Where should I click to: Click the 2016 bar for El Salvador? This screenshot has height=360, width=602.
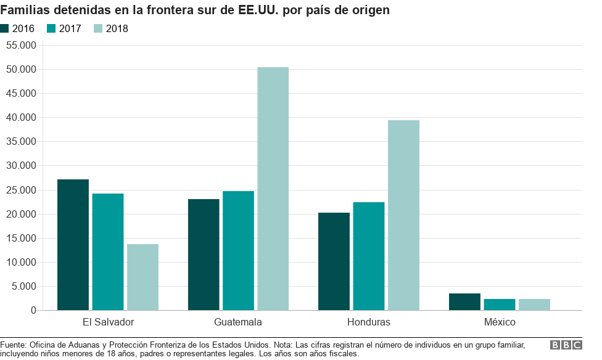[73, 245]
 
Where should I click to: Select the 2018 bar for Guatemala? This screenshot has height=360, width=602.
[273, 189]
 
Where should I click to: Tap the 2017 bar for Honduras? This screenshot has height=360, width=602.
[369, 256]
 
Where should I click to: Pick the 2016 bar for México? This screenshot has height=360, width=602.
[464, 301]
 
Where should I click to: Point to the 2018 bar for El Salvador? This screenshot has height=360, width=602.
[142, 277]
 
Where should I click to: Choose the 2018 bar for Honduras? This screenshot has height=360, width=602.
[403, 215]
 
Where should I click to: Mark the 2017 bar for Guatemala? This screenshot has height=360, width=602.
[238, 250]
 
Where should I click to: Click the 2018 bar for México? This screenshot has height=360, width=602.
[534, 305]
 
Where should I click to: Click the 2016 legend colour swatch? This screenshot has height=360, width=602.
[5, 28]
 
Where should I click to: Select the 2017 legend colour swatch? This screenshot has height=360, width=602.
[51, 28]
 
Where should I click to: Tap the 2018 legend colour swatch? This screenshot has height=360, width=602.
[98, 28]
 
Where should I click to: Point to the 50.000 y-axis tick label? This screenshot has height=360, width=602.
[21, 69]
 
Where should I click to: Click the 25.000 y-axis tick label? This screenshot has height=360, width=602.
[21, 190]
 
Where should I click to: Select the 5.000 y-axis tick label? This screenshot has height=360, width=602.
[23, 286]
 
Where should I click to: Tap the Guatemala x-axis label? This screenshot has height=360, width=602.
[238, 322]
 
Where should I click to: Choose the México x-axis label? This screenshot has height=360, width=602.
[500, 322]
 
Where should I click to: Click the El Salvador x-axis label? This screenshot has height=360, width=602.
[108, 322]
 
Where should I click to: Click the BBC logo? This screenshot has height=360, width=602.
[566, 345]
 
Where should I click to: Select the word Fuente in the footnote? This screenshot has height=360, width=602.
[13, 344]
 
